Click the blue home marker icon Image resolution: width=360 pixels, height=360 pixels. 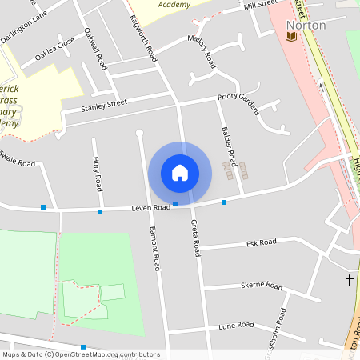pos(180,172)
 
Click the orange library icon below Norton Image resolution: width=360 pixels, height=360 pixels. pos(290,36)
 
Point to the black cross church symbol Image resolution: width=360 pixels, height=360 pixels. pos(349,279)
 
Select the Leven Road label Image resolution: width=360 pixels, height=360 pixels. pos(151,207)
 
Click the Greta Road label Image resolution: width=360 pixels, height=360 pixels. pos(194,238)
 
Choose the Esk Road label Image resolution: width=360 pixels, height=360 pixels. pos(261,242)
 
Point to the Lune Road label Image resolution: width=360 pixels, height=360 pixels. pos(236,326)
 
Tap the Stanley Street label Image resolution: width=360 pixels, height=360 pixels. pos(104,105)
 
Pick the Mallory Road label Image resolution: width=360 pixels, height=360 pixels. pos(202,50)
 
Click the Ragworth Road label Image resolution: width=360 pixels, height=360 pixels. pos(147,34)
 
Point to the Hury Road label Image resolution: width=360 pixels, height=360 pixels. pos(98,175)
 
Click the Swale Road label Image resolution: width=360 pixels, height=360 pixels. pos(18,158)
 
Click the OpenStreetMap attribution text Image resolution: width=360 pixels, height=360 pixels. pos(81,354)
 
